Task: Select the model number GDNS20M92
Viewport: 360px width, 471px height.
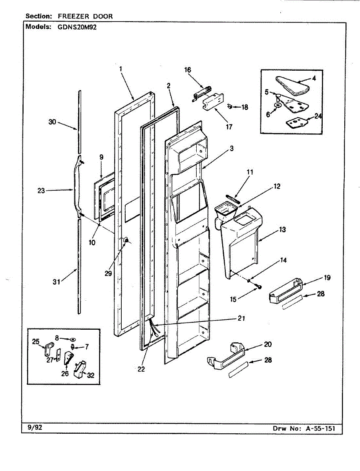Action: tap(74, 27)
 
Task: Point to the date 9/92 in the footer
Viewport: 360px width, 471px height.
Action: tap(35, 427)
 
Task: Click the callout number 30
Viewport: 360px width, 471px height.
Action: tap(53, 122)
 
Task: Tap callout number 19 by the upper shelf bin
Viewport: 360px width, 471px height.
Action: tap(327, 277)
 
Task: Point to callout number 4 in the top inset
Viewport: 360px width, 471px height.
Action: tap(314, 78)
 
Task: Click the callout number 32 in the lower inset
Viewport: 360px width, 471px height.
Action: tap(91, 375)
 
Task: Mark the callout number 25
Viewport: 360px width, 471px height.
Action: tap(36, 341)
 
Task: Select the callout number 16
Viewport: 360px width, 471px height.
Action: tap(188, 70)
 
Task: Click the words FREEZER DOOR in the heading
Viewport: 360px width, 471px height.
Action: tap(85, 16)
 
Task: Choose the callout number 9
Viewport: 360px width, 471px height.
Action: tap(101, 157)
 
